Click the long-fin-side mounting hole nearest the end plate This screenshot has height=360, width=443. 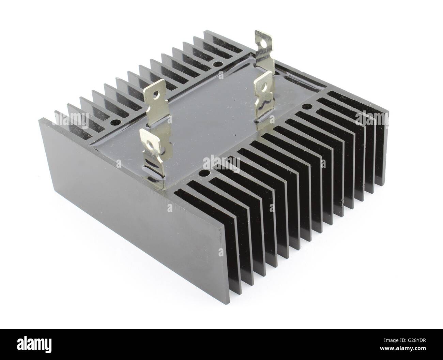click(204, 174)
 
